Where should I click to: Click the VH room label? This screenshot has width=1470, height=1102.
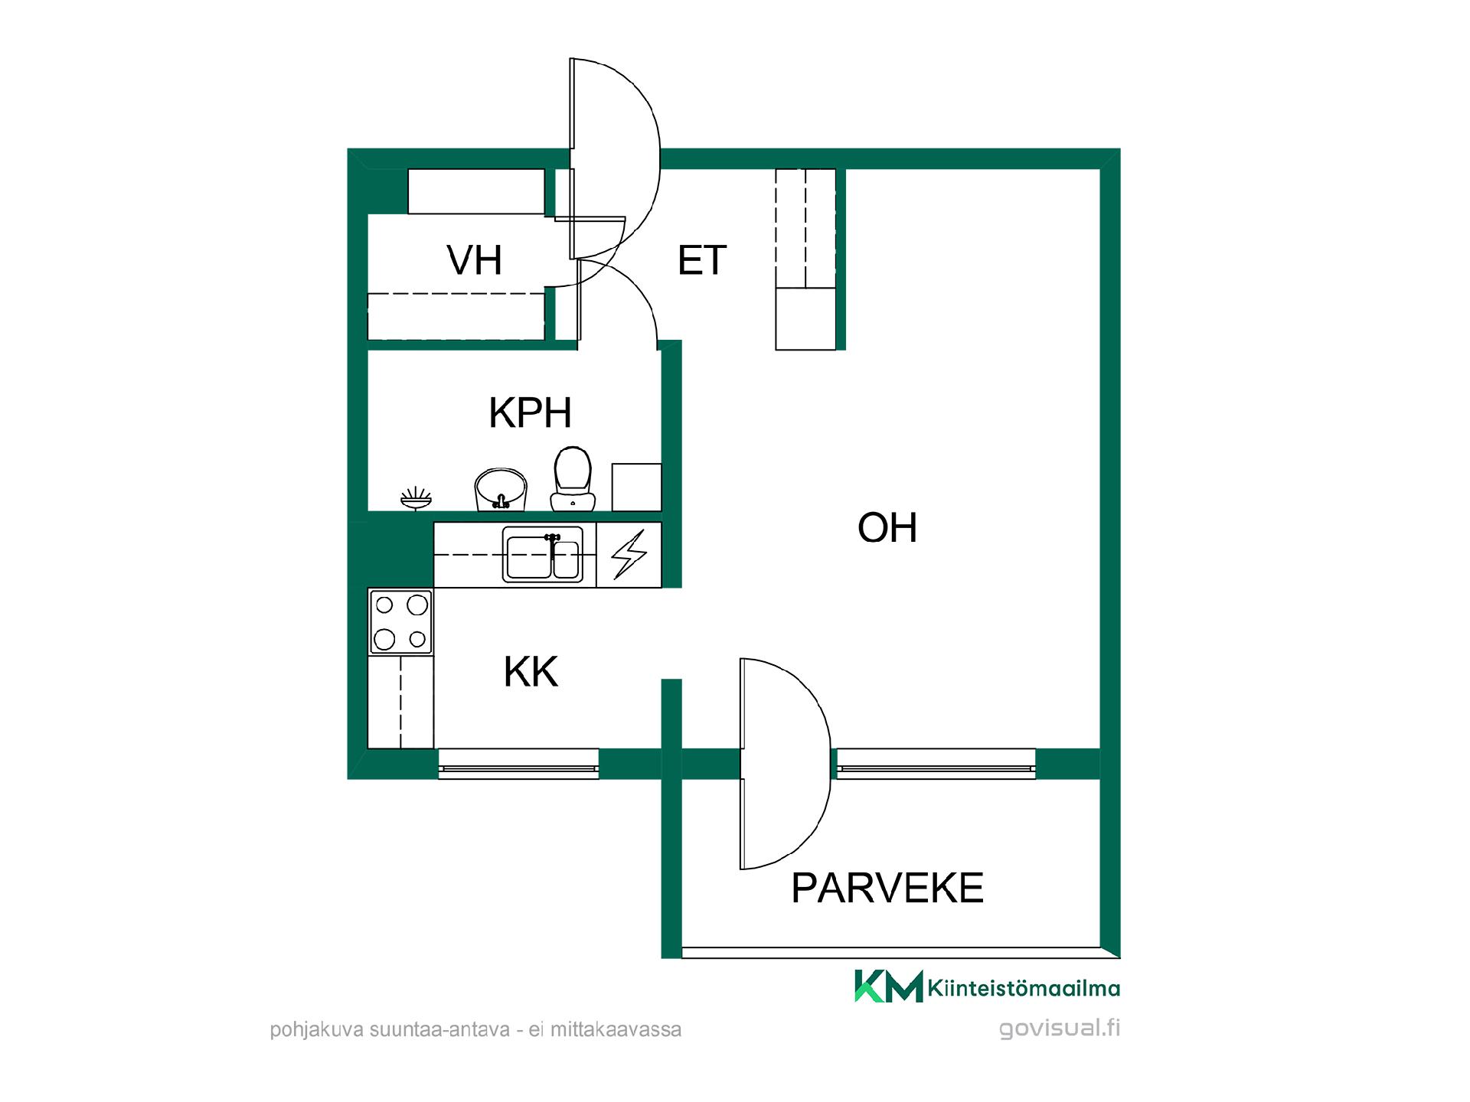475,260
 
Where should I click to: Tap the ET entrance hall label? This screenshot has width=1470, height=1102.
701,260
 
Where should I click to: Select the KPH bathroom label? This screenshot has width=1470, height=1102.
530,413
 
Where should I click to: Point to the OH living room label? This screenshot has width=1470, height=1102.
887,527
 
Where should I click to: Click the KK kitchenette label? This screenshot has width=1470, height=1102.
531,672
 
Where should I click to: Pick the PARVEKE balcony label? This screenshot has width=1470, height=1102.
887,888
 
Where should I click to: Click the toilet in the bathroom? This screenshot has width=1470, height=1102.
573,479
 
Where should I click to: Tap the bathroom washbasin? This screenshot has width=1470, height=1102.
501,490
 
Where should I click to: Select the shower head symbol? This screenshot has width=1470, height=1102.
416,498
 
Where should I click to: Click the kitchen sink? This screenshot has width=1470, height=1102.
543,555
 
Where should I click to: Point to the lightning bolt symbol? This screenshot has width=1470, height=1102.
629,555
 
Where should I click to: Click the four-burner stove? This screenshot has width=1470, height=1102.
400,621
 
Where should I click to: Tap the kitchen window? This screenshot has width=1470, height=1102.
518,764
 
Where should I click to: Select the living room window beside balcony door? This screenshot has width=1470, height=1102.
936,764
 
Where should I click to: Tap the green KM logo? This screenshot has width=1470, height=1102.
888,986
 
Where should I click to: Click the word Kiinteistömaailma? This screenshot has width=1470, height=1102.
1024,988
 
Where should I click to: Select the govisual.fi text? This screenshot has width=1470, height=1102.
1060,1028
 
